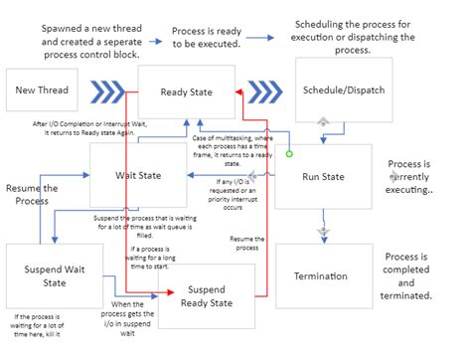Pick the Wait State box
point(138,175)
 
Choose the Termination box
point(324,275)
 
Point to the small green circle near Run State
point(288,154)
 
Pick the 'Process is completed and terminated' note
point(407,275)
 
